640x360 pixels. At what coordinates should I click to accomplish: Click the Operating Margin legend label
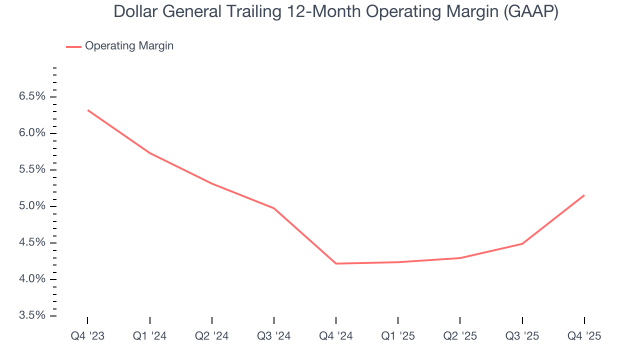point(129,46)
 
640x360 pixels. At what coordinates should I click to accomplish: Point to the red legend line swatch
point(73,46)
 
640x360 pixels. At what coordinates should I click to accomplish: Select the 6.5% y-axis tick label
point(32,96)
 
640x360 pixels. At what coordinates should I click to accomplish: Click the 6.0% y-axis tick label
point(32,133)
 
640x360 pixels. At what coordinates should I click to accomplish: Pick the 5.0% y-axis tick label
point(32,206)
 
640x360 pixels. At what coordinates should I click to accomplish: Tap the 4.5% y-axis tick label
point(32,242)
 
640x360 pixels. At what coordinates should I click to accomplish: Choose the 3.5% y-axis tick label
point(32,315)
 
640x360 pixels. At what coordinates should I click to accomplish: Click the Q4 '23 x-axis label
point(87,336)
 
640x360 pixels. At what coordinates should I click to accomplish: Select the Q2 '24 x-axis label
point(212,336)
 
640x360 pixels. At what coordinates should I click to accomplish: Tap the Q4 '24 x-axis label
point(336,336)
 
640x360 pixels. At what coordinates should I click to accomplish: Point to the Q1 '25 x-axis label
point(398,336)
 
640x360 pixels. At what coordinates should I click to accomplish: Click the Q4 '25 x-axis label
point(584,336)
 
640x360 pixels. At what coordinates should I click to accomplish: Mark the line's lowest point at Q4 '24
point(336,263)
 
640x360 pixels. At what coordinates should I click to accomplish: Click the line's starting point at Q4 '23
point(88,110)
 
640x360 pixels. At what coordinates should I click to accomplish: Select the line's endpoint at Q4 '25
point(584,195)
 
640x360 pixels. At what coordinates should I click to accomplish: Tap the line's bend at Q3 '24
point(274,208)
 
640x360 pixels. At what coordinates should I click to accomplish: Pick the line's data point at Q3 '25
point(522,243)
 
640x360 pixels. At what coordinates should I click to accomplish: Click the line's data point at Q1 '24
point(150,153)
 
